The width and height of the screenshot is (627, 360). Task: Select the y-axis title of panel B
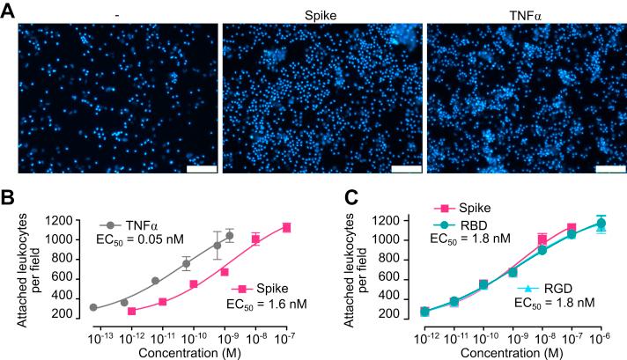click(x=22, y=268)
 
